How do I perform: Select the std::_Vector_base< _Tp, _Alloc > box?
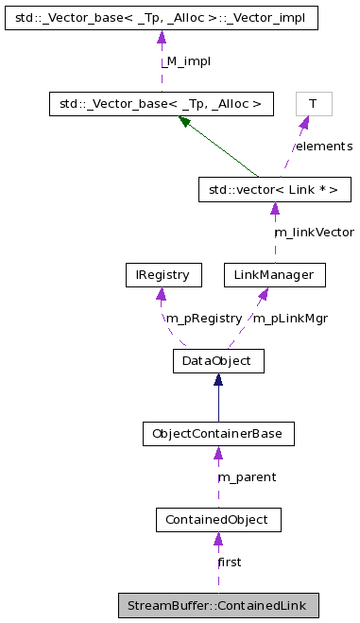click(x=162, y=103)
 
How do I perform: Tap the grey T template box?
click(x=307, y=103)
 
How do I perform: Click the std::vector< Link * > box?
click(x=274, y=189)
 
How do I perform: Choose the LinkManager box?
click(x=274, y=275)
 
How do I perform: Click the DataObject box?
click(x=217, y=361)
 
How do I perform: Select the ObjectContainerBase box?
click(x=217, y=434)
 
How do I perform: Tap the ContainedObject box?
click(x=217, y=519)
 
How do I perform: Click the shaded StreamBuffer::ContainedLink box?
click(x=217, y=604)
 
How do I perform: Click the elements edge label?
click(x=322, y=147)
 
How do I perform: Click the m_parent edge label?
click(x=247, y=477)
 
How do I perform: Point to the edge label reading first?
click(x=229, y=562)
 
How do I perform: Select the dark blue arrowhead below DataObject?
click(x=218, y=380)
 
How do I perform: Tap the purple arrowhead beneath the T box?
click(x=303, y=122)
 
